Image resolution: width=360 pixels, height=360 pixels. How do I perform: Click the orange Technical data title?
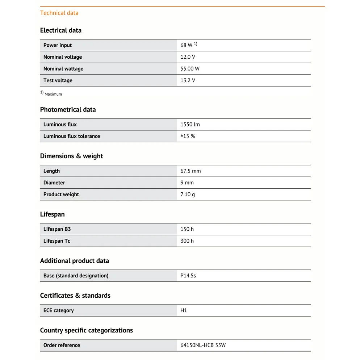pyautogui.click(x=59, y=13)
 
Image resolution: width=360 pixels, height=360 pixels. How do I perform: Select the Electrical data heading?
pyautogui.click(x=60, y=30)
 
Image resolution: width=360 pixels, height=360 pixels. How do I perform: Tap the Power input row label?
pyautogui.click(x=58, y=45)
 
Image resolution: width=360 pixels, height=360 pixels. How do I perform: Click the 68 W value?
pyautogui.click(x=187, y=45)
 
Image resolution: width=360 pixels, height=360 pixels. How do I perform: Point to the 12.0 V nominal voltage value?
pyautogui.click(x=188, y=57)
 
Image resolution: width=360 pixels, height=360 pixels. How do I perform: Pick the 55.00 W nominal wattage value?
pyautogui.click(x=190, y=69)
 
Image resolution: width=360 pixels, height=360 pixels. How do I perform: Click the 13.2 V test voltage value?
pyautogui.click(x=188, y=80)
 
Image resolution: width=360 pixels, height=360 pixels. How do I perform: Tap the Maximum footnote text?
pyautogui.click(x=53, y=94)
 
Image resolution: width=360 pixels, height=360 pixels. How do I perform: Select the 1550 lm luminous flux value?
pyautogui.click(x=190, y=125)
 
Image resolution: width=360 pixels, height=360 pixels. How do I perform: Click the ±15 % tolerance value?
pyautogui.click(x=188, y=136)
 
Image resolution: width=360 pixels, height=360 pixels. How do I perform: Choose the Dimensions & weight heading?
pyautogui.click(x=71, y=156)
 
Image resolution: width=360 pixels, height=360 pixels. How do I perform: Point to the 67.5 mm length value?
pyautogui.click(x=191, y=171)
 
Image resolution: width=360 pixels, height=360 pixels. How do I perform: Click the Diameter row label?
pyautogui.click(x=54, y=183)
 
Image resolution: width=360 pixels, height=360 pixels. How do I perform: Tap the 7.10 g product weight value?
pyautogui.click(x=188, y=194)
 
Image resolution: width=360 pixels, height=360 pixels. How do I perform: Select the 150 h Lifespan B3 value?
pyautogui.click(x=187, y=229)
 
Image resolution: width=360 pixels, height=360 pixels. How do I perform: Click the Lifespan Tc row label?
pyautogui.click(x=56, y=241)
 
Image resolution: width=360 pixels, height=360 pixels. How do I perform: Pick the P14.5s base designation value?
pyautogui.click(x=188, y=276)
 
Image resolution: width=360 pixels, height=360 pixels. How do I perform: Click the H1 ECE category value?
pyautogui.click(x=184, y=310)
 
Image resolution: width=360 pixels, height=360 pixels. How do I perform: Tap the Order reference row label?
pyautogui.click(x=62, y=345)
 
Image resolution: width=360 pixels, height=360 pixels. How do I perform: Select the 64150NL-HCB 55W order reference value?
pyautogui.click(x=203, y=345)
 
